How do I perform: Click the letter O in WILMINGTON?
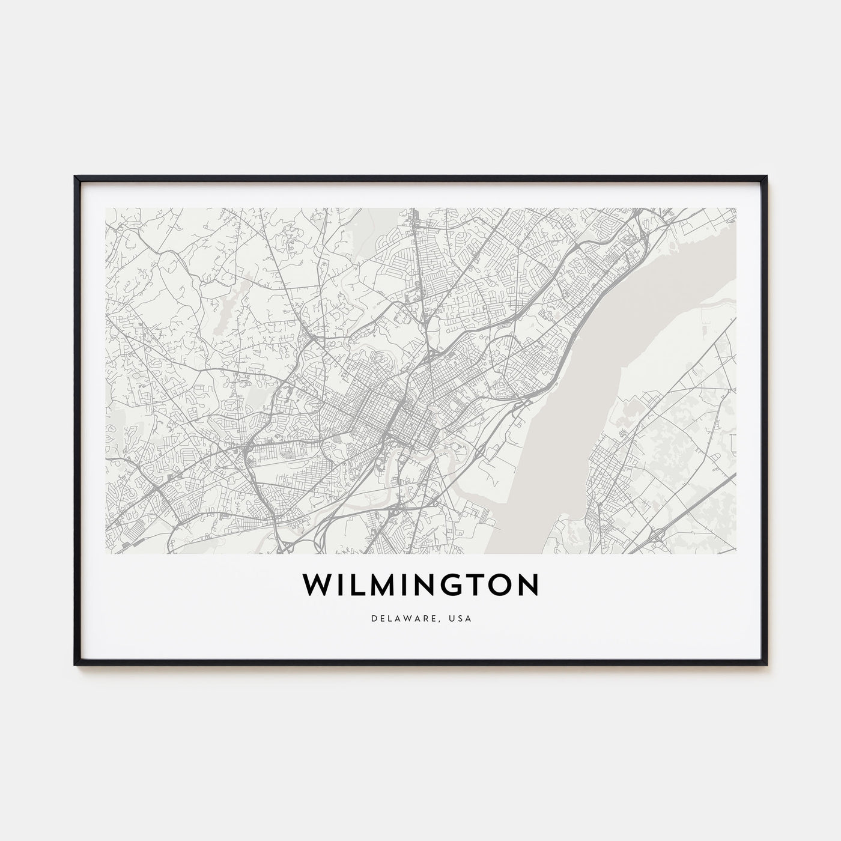pos(501,585)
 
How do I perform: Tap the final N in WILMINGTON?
pos(528,585)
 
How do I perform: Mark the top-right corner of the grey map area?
pos(736,208)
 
